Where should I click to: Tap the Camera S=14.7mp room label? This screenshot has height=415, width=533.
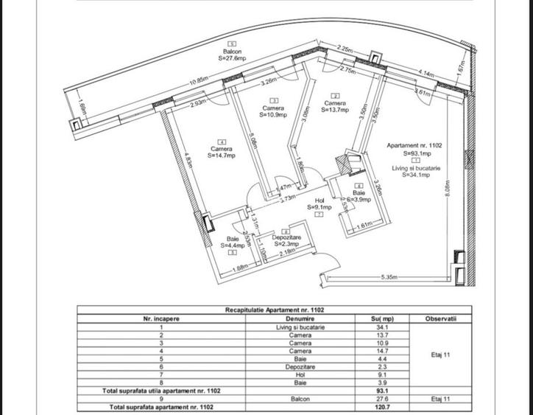(x=222, y=152)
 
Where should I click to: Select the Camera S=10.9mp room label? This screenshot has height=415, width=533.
(x=273, y=111)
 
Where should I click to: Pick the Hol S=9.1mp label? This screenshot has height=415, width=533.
(x=320, y=204)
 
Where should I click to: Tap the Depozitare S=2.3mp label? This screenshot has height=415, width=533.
(x=286, y=240)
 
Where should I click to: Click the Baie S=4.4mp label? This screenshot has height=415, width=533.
(x=233, y=243)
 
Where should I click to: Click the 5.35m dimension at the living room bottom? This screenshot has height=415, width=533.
(x=389, y=277)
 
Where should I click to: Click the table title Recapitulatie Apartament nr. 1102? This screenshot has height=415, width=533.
(x=275, y=310)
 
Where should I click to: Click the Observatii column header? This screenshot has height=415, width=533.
(x=440, y=318)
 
